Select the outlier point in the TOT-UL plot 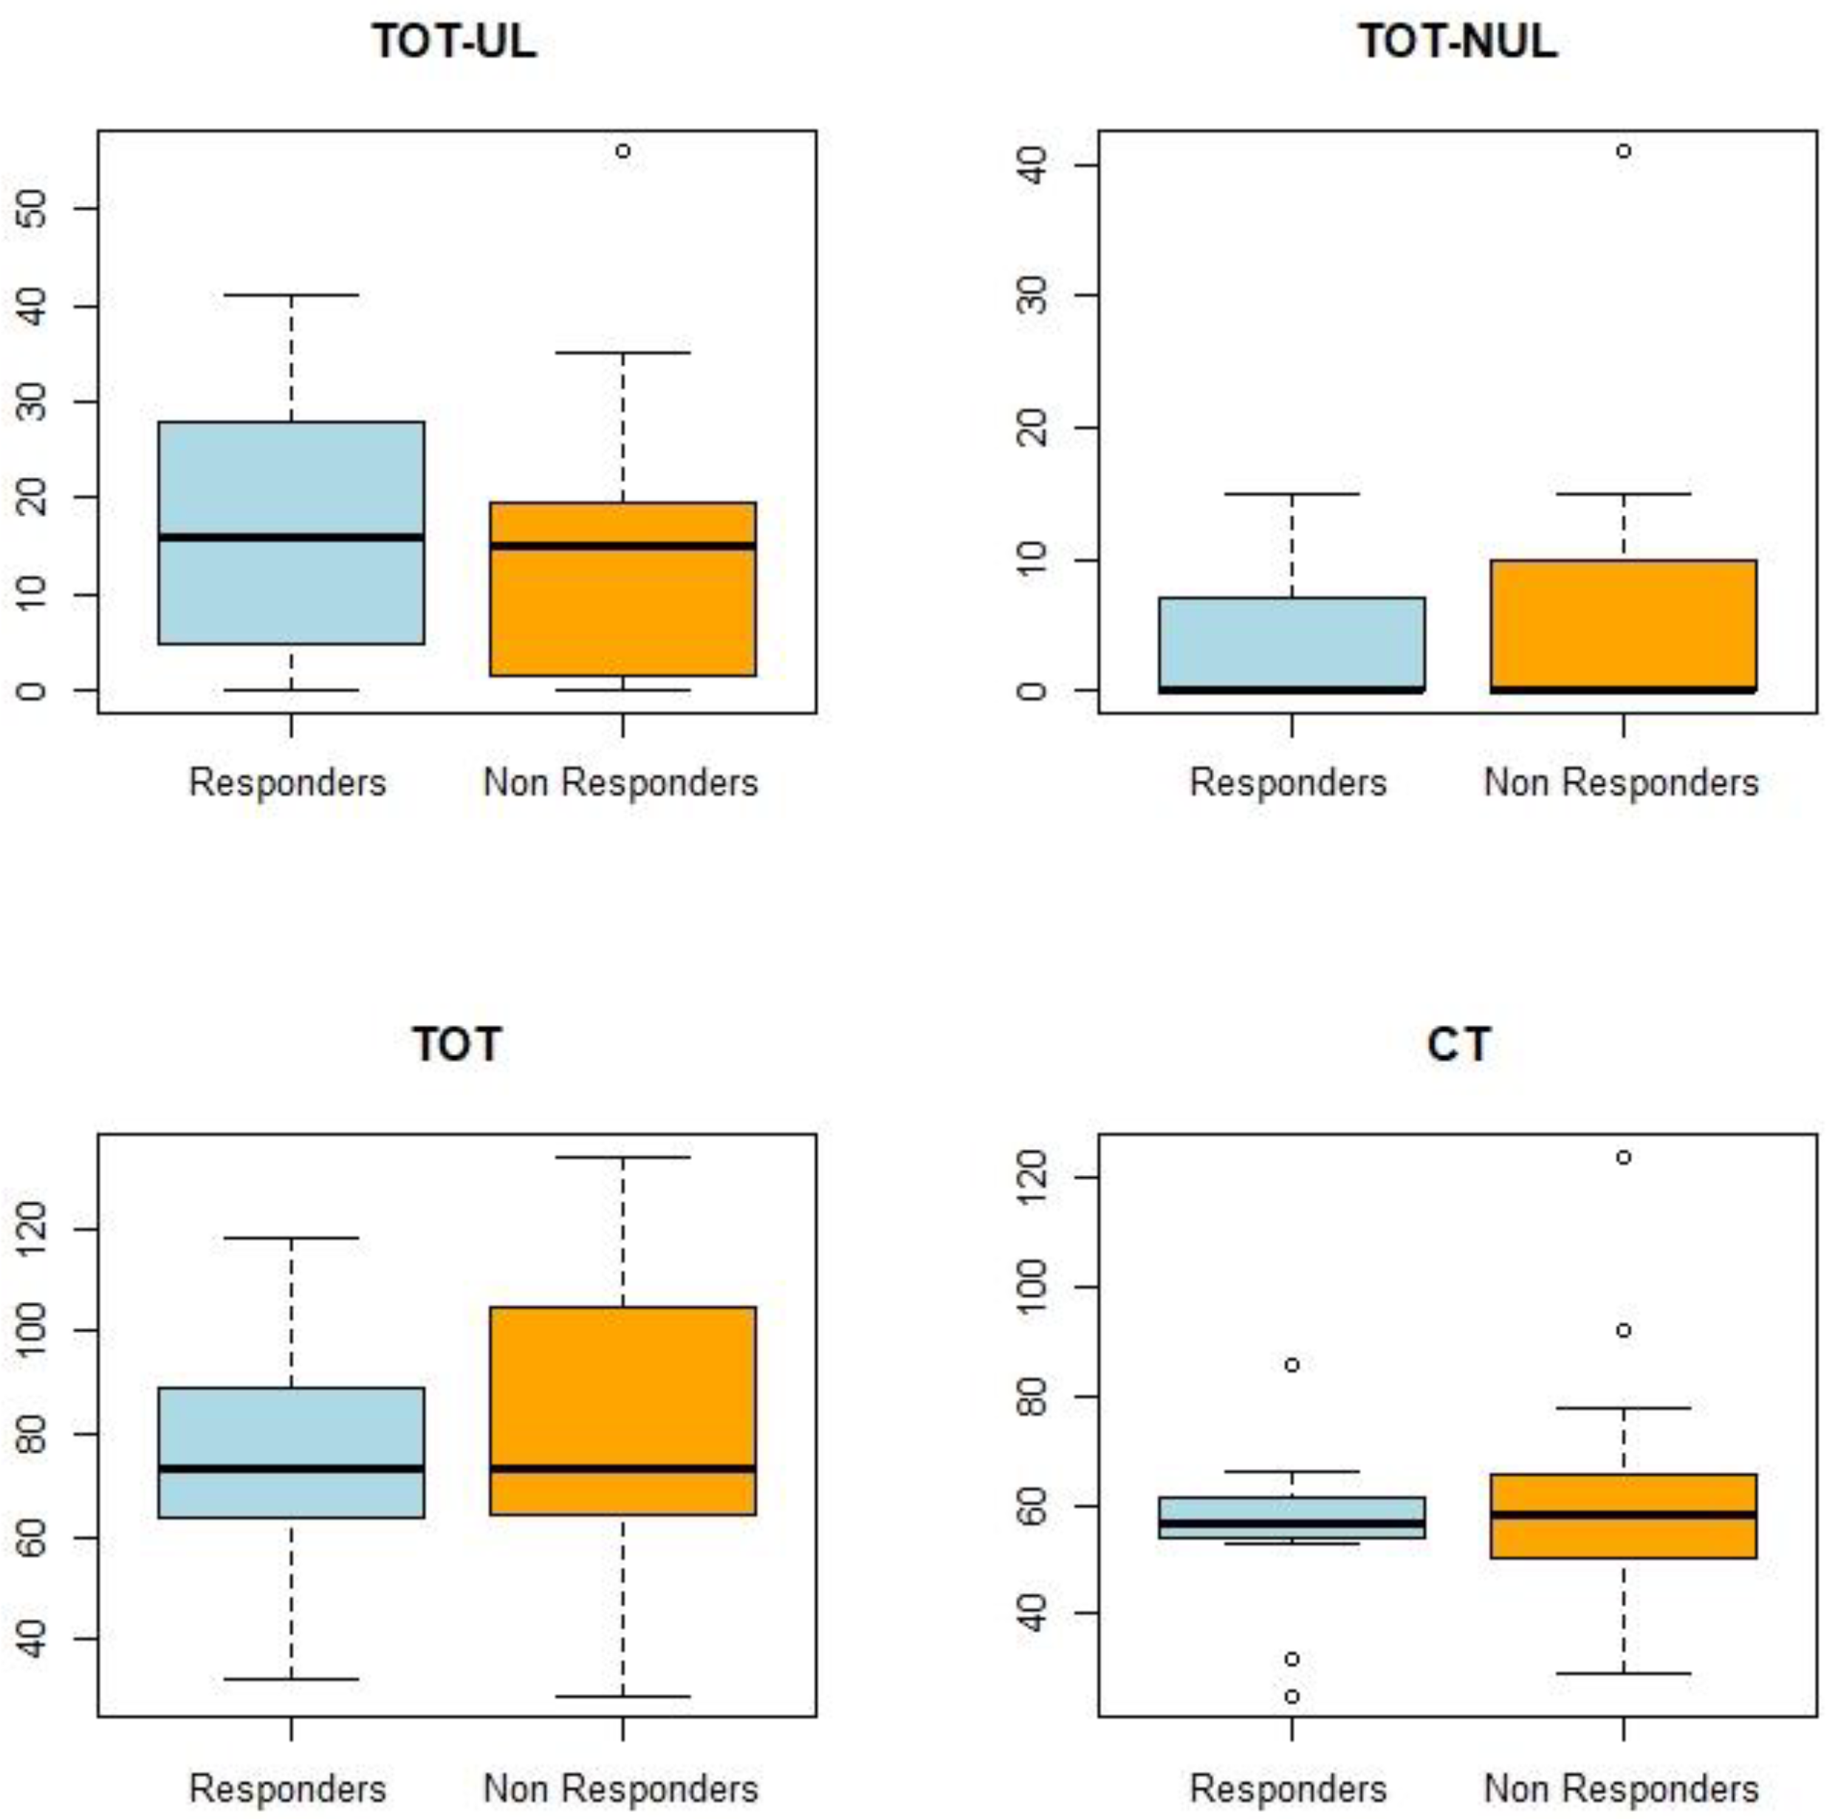pyautogui.click(x=623, y=151)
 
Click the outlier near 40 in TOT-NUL pyautogui.click(x=1624, y=151)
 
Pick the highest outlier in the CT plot pyautogui.click(x=1624, y=1157)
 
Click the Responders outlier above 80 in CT pyautogui.click(x=1292, y=1365)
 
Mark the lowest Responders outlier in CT pyautogui.click(x=1292, y=1696)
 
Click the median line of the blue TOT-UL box pyautogui.click(x=291, y=538)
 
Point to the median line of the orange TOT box pyautogui.click(x=623, y=1468)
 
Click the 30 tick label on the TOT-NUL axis pyautogui.click(x=1033, y=295)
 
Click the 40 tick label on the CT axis pyautogui.click(x=1033, y=1613)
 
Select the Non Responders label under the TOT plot pyautogui.click(x=620, y=1789)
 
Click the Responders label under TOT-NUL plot pyautogui.click(x=1288, y=783)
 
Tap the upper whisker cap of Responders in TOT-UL pyautogui.click(x=291, y=295)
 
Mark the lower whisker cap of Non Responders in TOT pyautogui.click(x=623, y=1696)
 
